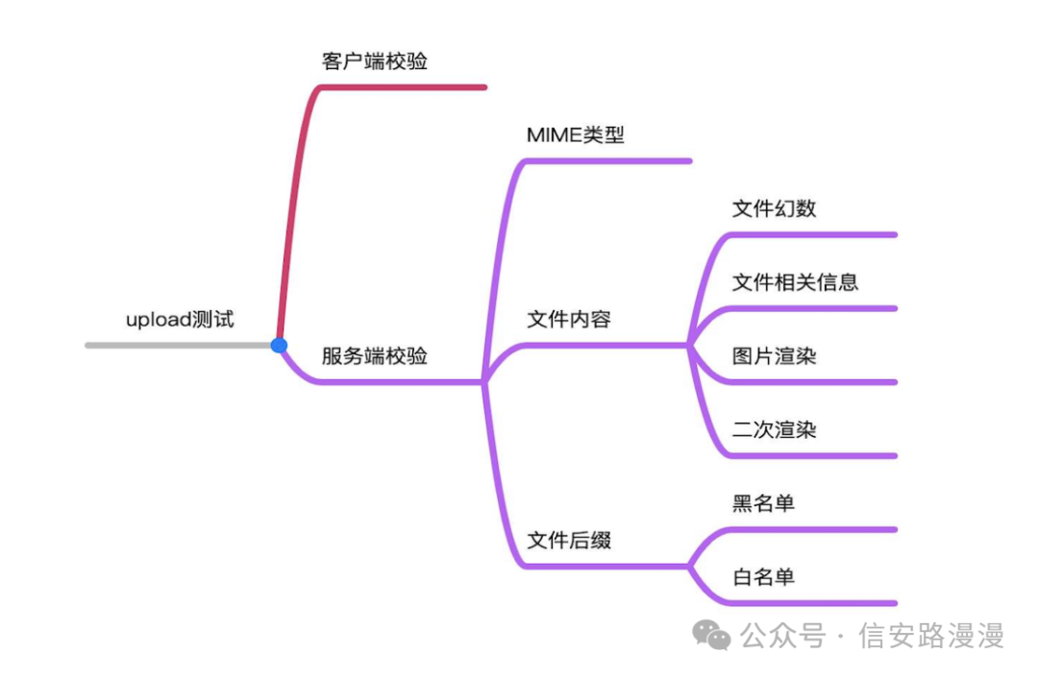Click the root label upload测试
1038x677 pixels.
click(x=180, y=320)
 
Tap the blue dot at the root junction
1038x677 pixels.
click(x=279, y=345)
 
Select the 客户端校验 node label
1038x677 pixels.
click(x=375, y=61)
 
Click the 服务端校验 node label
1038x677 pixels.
click(x=375, y=356)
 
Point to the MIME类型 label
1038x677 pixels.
click(x=576, y=135)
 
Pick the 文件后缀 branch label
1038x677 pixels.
click(x=569, y=541)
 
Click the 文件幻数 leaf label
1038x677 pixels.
click(x=774, y=208)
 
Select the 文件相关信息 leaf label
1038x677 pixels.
click(x=795, y=282)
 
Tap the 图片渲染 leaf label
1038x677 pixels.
click(x=774, y=356)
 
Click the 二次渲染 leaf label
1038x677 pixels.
click(x=774, y=429)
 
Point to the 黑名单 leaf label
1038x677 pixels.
click(x=763, y=503)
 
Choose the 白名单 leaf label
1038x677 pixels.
click(x=763, y=577)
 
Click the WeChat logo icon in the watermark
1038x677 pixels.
click(x=712, y=635)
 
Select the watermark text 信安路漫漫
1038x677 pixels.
click(x=931, y=636)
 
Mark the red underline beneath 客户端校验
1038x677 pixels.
click(x=404, y=87)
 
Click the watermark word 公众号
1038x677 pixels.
click(x=783, y=636)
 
